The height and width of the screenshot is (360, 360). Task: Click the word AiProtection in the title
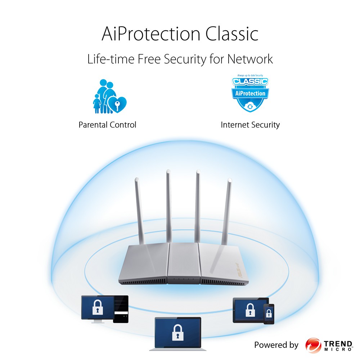click(151, 34)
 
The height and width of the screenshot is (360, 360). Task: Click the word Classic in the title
click(232, 34)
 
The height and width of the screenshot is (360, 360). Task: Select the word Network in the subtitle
click(250, 59)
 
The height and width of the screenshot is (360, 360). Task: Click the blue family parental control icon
click(108, 96)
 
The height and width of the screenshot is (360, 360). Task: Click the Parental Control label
click(107, 125)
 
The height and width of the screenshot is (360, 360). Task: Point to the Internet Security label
click(250, 125)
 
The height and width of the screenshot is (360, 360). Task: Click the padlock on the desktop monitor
click(96, 307)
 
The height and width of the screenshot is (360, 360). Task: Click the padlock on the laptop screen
click(177, 332)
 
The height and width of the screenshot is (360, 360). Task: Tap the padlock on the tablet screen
click(249, 309)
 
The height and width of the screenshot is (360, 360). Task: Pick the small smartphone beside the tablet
click(269, 314)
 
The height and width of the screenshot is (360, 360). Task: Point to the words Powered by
click(276, 345)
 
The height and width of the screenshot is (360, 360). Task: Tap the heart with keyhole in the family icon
click(118, 104)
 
